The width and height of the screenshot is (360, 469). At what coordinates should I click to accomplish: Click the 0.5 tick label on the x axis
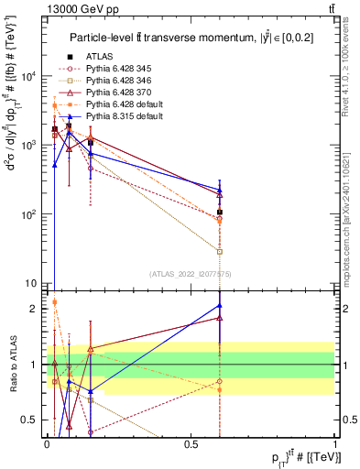(191, 442)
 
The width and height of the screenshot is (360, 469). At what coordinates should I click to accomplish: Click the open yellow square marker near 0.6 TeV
(220, 251)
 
